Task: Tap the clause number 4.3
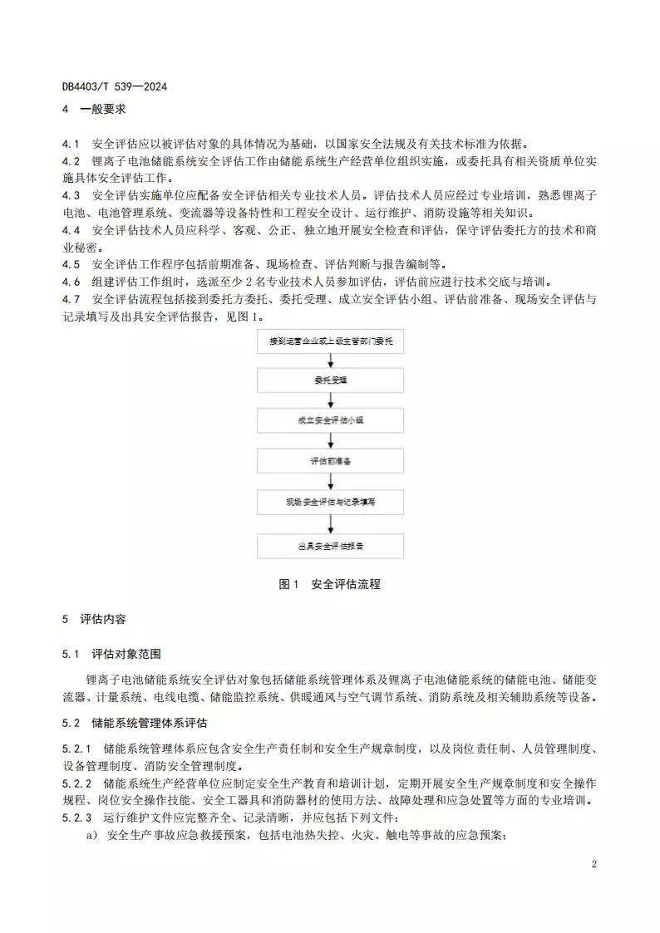pos(71,196)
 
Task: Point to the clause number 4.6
pos(71,282)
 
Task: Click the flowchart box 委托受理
pos(331,381)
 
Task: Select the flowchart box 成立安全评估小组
pos(331,421)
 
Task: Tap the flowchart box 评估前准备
pos(331,462)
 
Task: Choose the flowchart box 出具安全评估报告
pos(331,547)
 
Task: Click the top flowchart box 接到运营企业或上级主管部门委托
pos(331,341)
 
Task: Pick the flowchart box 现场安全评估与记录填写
pos(331,503)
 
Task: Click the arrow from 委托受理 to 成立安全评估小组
pos(331,400)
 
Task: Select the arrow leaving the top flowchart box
pos(331,361)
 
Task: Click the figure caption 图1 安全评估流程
pos(330,584)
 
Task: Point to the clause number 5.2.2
pos(76,783)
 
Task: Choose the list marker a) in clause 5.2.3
pos(93,835)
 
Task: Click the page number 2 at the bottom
pos(594,864)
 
